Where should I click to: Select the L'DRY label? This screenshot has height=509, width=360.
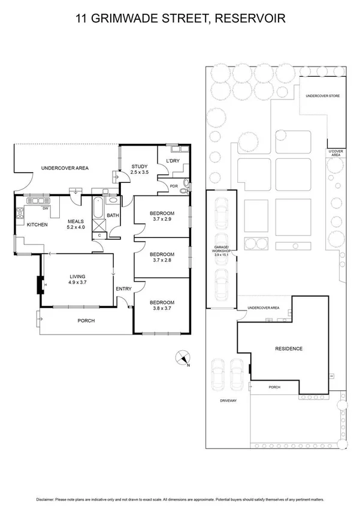165,160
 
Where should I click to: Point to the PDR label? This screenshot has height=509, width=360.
173,186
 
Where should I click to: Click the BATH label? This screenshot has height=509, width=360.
112,215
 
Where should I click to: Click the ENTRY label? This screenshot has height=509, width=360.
123,290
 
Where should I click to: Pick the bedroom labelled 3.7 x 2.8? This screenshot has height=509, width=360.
162,257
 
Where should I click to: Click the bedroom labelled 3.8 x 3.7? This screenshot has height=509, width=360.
162,306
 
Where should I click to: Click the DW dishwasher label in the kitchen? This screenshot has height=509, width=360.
44,209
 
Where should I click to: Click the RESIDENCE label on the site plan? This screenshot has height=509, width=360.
289,348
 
